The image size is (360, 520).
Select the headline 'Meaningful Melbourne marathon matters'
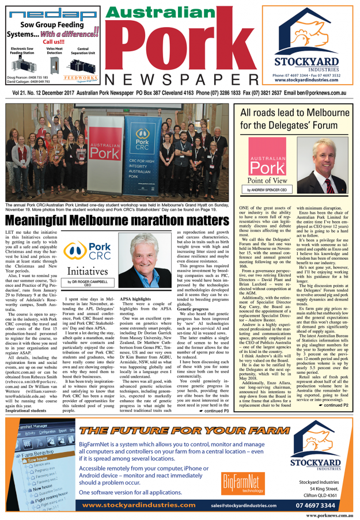pos(116,220)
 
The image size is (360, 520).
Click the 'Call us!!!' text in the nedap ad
pos(53,42)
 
